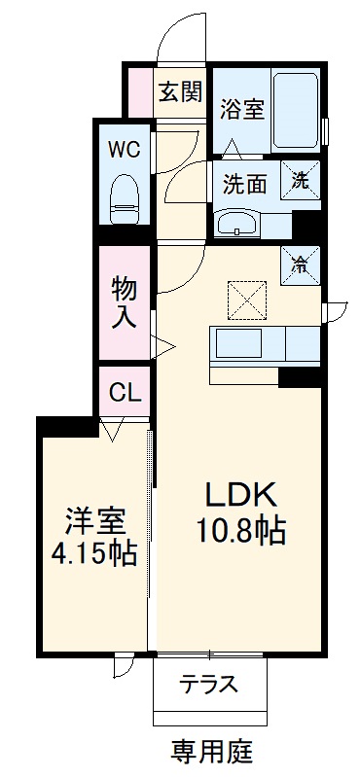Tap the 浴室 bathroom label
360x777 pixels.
[x=242, y=108]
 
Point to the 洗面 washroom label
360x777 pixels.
[x=244, y=181]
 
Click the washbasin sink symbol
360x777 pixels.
[x=236, y=224]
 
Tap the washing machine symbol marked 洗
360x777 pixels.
[x=300, y=179]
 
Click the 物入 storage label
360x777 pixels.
[x=124, y=302]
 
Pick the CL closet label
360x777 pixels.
[x=125, y=393]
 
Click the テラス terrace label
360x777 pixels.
[x=208, y=684]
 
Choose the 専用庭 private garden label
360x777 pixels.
[x=211, y=750]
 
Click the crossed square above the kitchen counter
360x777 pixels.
[x=247, y=298]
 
